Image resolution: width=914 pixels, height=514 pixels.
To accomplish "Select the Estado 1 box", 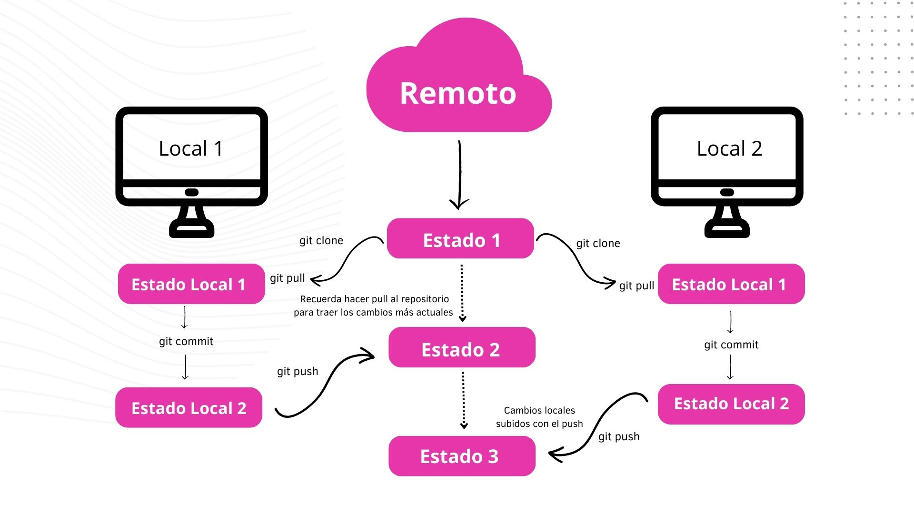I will point(460,239).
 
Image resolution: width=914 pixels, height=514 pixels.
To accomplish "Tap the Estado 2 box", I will point(461,347).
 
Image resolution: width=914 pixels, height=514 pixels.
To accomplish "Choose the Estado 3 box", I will point(461,456).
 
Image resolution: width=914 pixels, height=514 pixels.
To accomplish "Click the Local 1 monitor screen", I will point(191,148).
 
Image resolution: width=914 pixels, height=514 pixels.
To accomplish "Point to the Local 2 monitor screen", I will point(727,148).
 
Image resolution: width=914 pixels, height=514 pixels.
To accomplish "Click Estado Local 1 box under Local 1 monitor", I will point(191,284).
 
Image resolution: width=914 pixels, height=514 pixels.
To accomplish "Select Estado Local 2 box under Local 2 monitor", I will point(731,404).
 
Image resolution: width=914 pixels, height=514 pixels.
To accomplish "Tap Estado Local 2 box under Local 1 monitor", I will point(189,408).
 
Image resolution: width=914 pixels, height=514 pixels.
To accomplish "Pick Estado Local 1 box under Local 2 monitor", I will point(731,284).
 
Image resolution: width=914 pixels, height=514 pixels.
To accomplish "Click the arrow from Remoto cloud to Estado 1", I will point(459,174).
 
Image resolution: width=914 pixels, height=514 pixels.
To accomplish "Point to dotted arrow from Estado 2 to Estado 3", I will point(463,400).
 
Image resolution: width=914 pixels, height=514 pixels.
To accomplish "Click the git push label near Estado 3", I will point(618,437).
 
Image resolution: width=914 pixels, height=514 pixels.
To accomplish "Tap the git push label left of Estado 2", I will point(298,372).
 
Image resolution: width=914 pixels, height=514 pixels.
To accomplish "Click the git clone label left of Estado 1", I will point(321,241).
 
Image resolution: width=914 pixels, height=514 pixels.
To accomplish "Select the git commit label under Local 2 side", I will point(731,345).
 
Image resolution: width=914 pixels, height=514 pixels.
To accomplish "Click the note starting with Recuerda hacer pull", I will point(374,306).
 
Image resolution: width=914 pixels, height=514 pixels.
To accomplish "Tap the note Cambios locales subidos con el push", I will point(539,417).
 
